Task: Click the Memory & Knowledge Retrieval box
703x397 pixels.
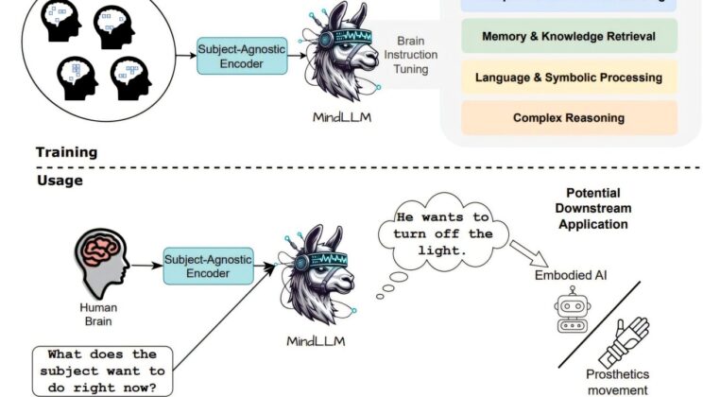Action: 570,37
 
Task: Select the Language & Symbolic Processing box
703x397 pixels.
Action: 570,78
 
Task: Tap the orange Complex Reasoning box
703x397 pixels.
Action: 570,118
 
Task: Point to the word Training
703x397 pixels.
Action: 66,151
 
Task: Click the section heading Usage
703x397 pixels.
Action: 59,179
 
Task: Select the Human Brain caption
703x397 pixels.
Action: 97,314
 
